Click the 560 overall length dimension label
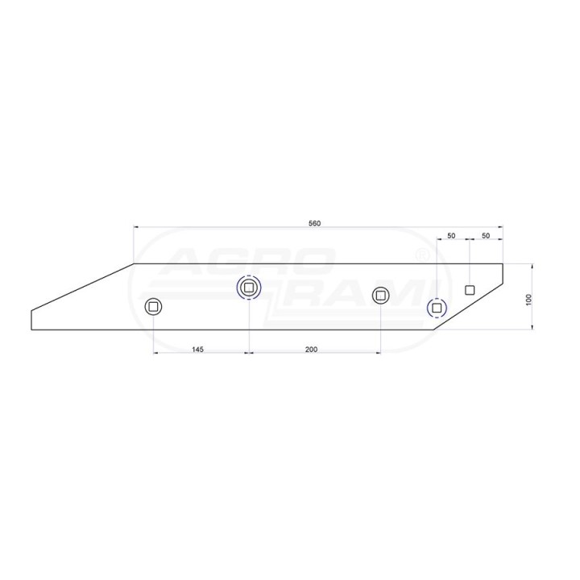tap(315, 223)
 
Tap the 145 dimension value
tap(197, 349)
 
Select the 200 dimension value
tap(311, 349)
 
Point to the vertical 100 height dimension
tap(528, 299)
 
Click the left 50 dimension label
tap(451, 235)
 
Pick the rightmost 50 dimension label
tap(486, 235)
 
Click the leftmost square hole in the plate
tap(153, 307)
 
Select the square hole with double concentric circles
tap(249, 287)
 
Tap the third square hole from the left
tap(380, 296)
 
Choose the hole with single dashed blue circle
tap(437, 308)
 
